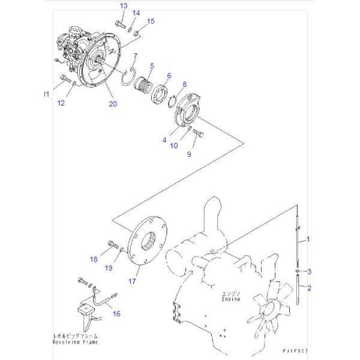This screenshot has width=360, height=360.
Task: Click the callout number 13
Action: pyautogui.click(x=123, y=5)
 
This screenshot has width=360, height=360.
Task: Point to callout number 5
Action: pyautogui.click(x=152, y=65)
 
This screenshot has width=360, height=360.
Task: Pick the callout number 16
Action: pyautogui.click(x=116, y=313)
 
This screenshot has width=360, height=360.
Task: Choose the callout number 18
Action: pyautogui.click(x=94, y=259)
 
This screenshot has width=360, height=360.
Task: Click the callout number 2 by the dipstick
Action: pyautogui.click(x=308, y=288)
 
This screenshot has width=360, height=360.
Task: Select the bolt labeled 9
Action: pyautogui.click(x=200, y=133)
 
